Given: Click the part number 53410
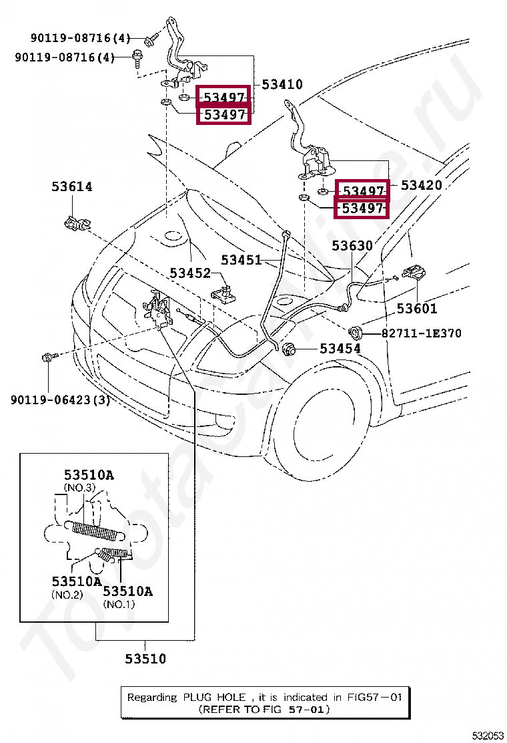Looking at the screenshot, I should [282, 85].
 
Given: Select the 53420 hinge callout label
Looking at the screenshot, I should [421, 185].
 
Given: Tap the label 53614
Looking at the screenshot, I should [72, 187].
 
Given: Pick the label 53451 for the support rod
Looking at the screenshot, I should [241, 260].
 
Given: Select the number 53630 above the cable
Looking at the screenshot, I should [352, 246].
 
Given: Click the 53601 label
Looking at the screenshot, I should [417, 309].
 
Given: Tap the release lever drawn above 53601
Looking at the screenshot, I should [416, 274].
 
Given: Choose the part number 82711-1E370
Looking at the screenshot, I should [421, 333].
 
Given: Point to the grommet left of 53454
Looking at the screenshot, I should [290, 349].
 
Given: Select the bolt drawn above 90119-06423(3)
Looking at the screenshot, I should [49, 357].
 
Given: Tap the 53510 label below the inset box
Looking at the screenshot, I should [145, 659].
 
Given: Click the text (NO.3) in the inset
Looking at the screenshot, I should [78, 488].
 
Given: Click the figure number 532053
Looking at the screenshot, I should [488, 735].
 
